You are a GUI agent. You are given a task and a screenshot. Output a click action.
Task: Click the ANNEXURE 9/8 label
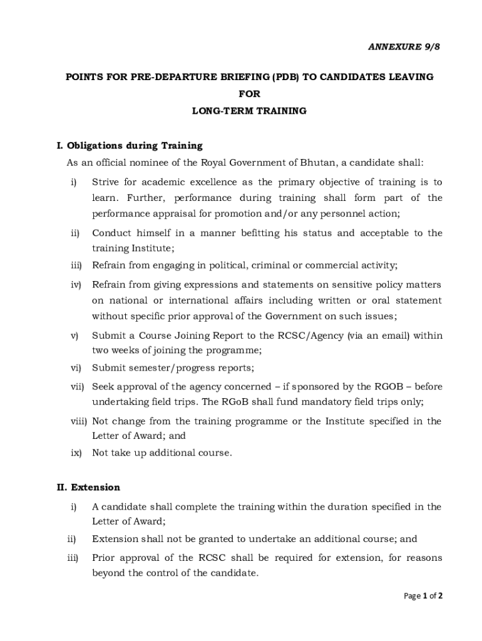[x=399, y=47]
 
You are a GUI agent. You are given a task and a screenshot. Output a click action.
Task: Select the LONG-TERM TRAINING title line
[x=249, y=111]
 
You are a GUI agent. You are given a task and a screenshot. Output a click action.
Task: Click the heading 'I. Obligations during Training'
[x=130, y=146]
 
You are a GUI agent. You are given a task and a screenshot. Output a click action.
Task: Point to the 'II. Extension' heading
[x=88, y=487]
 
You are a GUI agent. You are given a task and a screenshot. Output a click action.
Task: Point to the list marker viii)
[x=78, y=421]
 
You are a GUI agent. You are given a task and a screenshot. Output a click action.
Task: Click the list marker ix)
[x=76, y=453]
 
